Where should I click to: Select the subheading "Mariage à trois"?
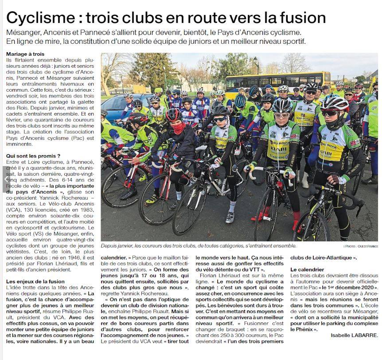pos(25,54)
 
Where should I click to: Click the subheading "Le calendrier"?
pos(307,269)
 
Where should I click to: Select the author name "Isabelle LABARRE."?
pos(354,335)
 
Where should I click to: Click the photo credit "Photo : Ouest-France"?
pos(360,246)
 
